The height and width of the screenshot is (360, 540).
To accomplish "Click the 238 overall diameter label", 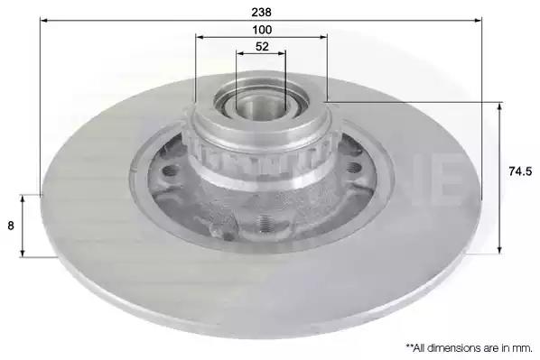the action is pos(261,12).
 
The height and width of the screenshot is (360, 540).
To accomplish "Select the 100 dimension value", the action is pos(262,30).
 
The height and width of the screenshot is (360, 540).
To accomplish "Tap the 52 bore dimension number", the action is pos(262,46).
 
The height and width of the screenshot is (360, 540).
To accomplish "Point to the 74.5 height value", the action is pos(520,171).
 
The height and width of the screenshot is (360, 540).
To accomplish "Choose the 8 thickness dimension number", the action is pos(11,226).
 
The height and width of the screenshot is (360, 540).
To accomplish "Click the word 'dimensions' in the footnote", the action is pos(456,348).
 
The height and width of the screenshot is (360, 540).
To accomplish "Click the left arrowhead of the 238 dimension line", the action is pos(43,21).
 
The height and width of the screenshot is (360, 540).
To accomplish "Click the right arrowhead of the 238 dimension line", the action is pos(478,21).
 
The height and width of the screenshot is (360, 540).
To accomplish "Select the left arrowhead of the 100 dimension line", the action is pos(199,37).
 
